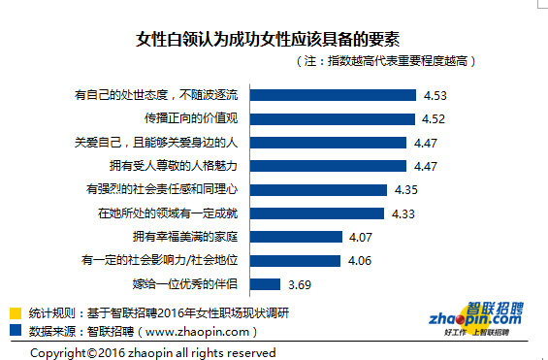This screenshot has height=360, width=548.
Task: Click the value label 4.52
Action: [x=434, y=119]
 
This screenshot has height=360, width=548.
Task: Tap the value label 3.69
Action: [x=301, y=284]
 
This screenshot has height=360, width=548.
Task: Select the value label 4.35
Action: [x=405, y=190]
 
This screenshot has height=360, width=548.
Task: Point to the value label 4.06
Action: [x=358, y=261]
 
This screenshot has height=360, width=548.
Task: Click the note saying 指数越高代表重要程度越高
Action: [x=384, y=61]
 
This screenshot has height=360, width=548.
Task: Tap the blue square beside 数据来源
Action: [x=16, y=330]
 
